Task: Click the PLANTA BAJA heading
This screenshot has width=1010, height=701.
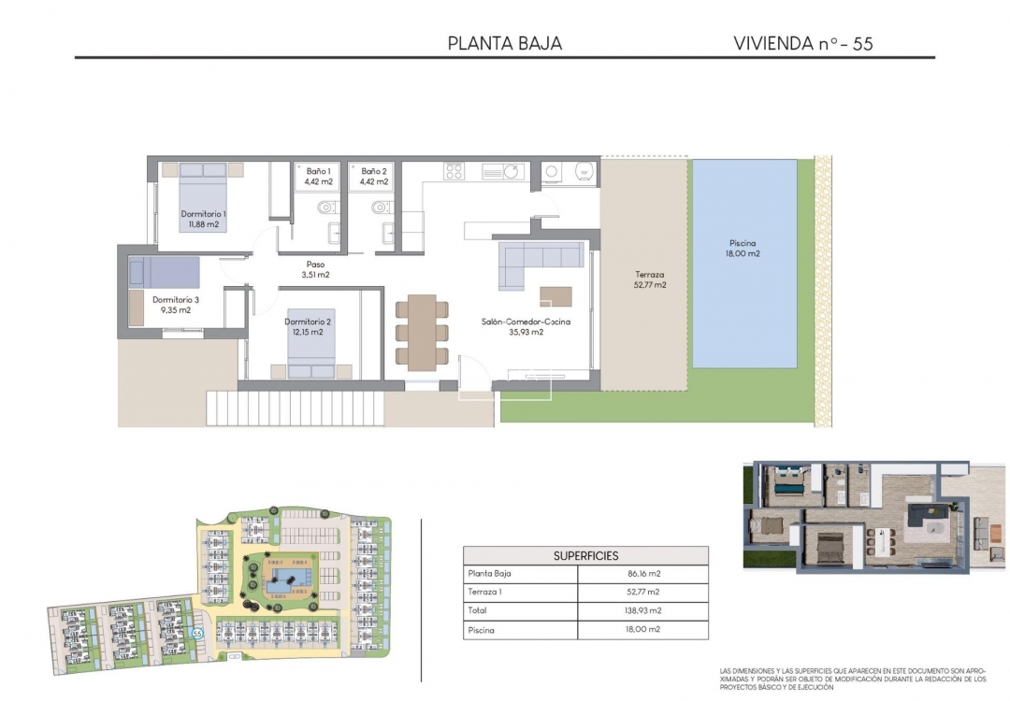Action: pyautogui.click(x=505, y=43)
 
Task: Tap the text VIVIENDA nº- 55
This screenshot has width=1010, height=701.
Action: pyautogui.click(x=803, y=43)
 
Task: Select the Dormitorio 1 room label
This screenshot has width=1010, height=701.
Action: pyautogui.click(x=203, y=219)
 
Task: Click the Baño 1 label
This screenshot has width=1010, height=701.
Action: pyautogui.click(x=319, y=177)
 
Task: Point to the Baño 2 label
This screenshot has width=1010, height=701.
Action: pyautogui.click(x=374, y=177)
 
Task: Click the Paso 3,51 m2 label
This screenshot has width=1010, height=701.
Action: pyautogui.click(x=315, y=269)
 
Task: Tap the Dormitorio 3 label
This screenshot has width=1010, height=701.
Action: pyautogui.click(x=176, y=305)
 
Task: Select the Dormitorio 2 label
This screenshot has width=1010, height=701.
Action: pyautogui.click(x=309, y=326)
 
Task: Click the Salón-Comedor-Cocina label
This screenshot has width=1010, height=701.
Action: pyautogui.click(x=526, y=326)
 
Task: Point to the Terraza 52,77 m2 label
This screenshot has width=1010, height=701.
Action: pyautogui.click(x=647, y=279)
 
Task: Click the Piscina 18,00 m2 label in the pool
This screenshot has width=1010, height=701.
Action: pyautogui.click(x=743, y=248)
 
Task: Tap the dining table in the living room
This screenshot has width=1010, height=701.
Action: pyautogui.click(x=422, y=332)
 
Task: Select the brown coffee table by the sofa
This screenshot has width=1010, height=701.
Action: pyautogui.click(x=555, y=295)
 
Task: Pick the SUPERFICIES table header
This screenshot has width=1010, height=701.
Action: pyautogui.click(x=585, y=555)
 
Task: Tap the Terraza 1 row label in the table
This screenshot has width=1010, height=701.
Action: pyautogui.click(x=486, y=593)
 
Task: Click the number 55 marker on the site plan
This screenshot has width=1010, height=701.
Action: pyautogui.click(x=197, y=633)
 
